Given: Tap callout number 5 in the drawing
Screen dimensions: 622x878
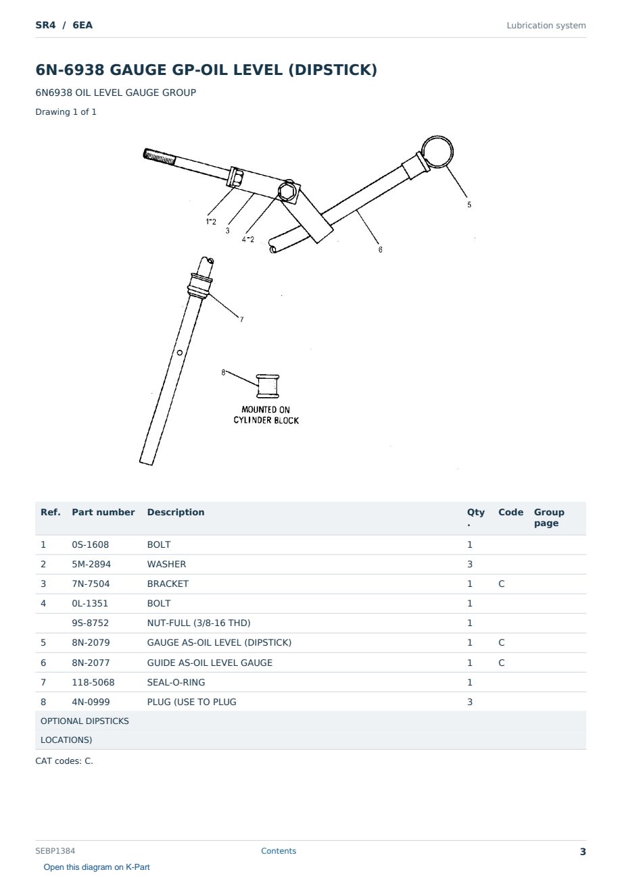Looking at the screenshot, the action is (x=469, y=205).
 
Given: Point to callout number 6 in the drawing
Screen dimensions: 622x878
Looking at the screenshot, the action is (x=380, y=249).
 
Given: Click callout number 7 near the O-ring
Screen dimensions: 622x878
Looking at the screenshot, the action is (x=242, y=319).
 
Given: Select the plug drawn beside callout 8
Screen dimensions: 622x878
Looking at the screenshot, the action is (x=268, y=386).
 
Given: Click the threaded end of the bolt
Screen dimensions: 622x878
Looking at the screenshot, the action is (x=159, y=157).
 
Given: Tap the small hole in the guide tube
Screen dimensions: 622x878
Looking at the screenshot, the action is (x=180, y=353).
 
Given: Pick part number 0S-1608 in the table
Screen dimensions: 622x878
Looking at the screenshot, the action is (x=91, y=544).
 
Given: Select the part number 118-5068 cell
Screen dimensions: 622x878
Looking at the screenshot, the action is (x=93, y=682).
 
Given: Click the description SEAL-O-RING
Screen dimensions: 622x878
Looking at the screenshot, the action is (x=176, y=682).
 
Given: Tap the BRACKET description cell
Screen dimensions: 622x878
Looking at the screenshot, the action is (x=168, y=584).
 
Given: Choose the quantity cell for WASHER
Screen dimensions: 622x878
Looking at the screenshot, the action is (x=470, y=564).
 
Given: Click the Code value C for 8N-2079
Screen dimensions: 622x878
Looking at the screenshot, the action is (x=502, y=642).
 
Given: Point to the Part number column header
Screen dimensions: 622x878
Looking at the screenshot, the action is (x=103, y=512).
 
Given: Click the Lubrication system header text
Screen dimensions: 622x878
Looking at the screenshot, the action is (x=546, y=26).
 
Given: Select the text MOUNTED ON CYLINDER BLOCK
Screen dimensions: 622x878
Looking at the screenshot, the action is (x=266, y=415).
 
